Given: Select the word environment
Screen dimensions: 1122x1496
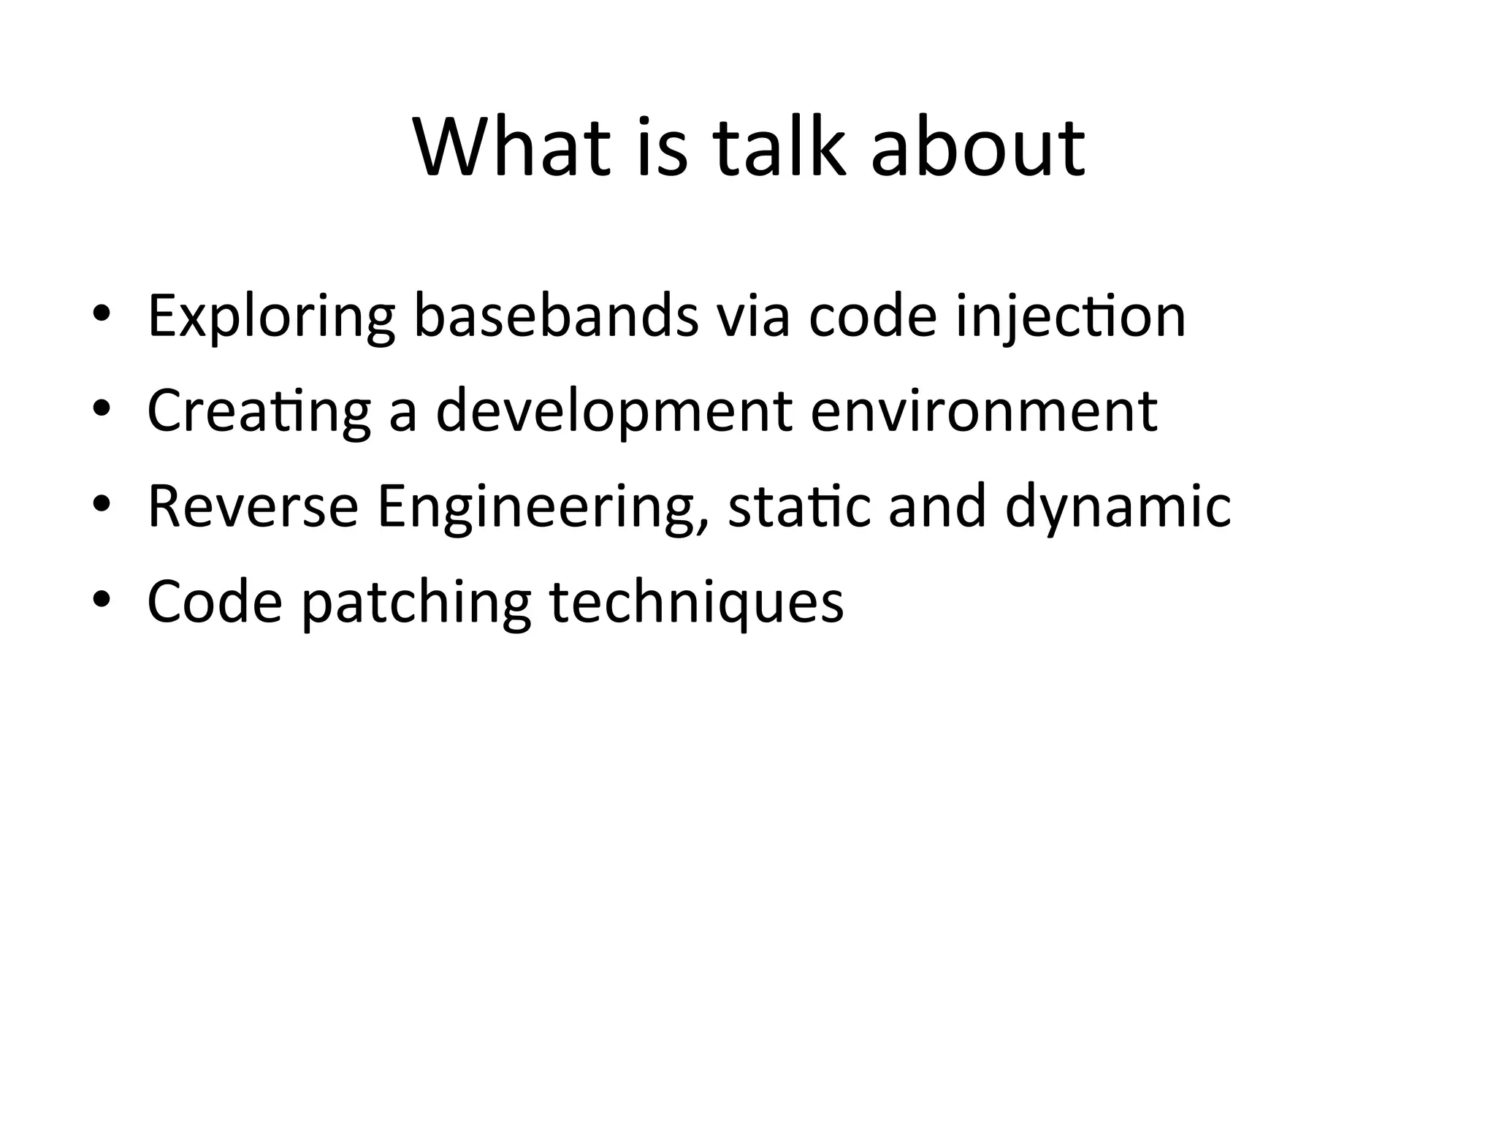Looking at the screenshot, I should [x=983, y=411].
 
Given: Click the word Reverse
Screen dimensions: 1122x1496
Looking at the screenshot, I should [x=253, y=507].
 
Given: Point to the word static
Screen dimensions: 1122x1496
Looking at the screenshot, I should [x=799, y=507].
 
